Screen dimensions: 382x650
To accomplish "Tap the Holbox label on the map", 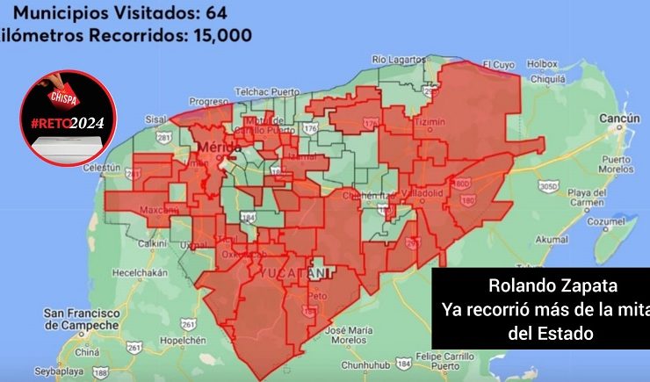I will pos(543,63).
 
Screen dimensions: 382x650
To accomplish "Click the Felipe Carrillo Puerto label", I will pos(441,360).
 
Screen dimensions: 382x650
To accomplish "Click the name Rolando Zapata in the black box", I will pos(539,287).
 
